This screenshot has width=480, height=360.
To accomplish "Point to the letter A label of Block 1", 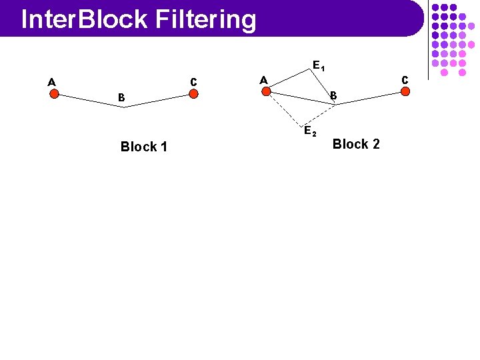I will [51, 83].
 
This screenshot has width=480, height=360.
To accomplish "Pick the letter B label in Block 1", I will [121, 98].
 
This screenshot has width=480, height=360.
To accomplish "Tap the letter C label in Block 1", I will [193, 82].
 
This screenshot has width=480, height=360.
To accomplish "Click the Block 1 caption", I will [143, 147].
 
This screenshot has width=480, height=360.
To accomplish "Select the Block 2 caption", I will [356, 144].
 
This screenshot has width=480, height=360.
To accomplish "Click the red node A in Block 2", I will [266, 91].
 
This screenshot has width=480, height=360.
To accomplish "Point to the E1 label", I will [318, 66].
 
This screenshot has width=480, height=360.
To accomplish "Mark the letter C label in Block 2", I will [405, 79].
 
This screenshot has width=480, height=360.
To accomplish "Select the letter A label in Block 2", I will [263, 80].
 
